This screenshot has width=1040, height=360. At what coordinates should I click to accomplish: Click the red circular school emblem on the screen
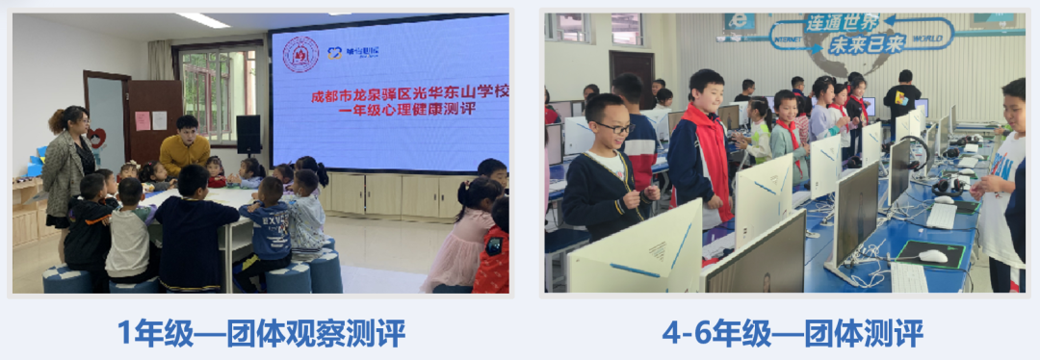[300, 55]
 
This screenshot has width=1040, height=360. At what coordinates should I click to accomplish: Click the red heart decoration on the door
[98, 138]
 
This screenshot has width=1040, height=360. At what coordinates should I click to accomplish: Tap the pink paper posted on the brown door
[143, 120]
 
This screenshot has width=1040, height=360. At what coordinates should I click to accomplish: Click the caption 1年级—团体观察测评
[261, 333]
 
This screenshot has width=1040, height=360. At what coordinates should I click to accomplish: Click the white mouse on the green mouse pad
[932, 255]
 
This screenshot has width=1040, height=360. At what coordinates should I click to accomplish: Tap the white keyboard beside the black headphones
[941, 216]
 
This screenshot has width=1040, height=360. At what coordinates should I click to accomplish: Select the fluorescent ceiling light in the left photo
[203, 20]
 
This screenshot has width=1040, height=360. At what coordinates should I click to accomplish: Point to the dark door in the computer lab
[631, 72]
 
